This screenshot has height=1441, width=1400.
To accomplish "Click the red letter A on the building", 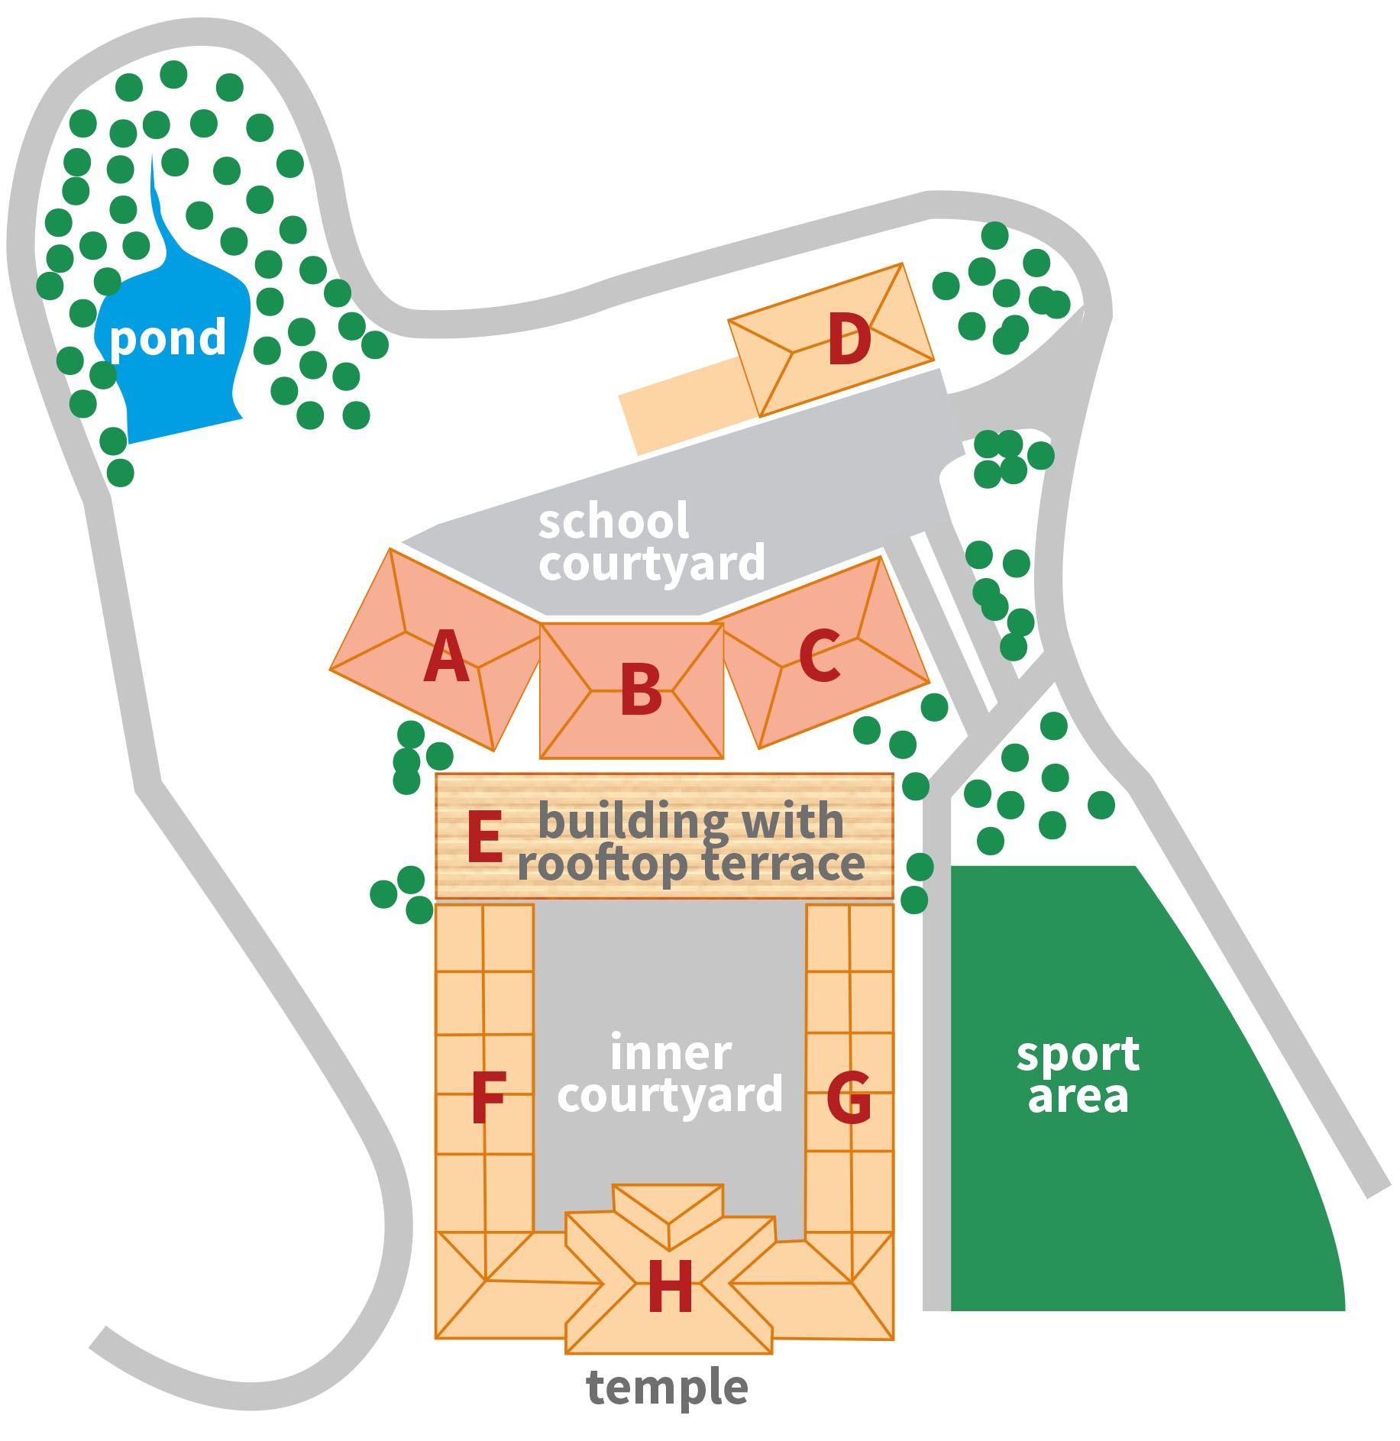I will pyautogui.click(x=446, y=656).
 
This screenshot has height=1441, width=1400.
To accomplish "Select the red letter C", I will pyautogui.click(x=820, y=655).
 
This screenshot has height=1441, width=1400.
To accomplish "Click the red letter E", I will pyautogui.click(x=484, y=837).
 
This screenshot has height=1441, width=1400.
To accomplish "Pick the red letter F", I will pyautogui.click(x=488, y=1097).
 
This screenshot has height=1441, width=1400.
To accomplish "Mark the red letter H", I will pyautogui.click(x=670, y=1287).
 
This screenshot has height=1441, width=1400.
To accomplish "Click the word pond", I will pyautogui.click(x=168, y=338).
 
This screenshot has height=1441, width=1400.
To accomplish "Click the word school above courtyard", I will pyautogui.click(x=613, y=522).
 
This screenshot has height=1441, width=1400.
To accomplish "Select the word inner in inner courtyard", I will pyautogui.click(x=671, y=1053).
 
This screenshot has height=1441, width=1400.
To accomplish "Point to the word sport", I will pyautogui.click(x=1078, y=1056).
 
